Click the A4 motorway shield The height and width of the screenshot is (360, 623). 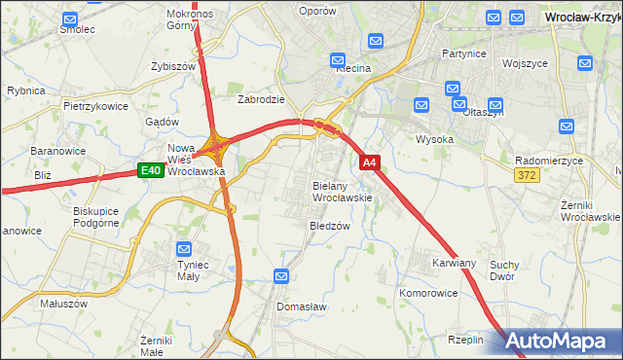point(370,162)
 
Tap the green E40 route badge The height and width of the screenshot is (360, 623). point(149,171)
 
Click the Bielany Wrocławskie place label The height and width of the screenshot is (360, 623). point(342,191)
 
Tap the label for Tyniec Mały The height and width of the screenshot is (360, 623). point(192,270)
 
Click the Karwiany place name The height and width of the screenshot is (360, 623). point(455,263)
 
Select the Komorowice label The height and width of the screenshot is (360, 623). point(428,292)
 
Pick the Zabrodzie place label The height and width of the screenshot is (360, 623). point(261,98)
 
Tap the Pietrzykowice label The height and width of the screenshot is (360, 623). point(95,104)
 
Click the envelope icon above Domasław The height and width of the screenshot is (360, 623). point(282,276)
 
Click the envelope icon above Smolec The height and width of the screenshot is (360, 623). point(69,18)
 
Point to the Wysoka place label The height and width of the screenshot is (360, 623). point(435,138)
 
